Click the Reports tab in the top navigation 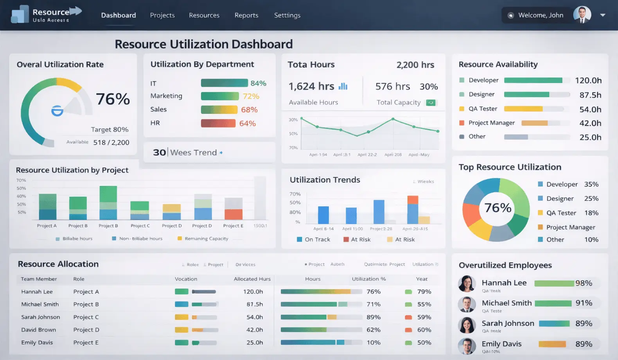point(246,15)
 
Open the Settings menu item point(287,15)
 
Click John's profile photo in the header point(582,15)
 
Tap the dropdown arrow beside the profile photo point(603,15)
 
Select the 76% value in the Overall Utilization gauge point(113,99)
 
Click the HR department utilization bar point(218,123)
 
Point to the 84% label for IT point(258,83)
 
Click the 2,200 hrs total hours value point(415,65)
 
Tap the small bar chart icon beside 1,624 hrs point(343,86)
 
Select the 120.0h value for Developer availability point(588,81)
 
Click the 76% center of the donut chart point(498,208)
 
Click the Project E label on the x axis point(233,226)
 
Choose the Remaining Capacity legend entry point(203,238)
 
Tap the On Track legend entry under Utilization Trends point(314,239)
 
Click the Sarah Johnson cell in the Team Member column point(41,317)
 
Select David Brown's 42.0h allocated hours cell point(254,330)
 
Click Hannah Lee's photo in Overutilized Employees point(467,284)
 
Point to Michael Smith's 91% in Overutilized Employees point(584,303)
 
